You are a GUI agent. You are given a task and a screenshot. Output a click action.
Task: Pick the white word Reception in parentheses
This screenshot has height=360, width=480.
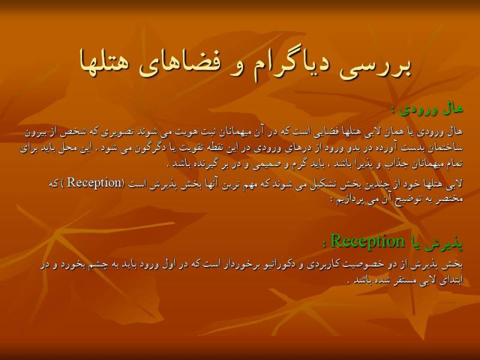(95, 183)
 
